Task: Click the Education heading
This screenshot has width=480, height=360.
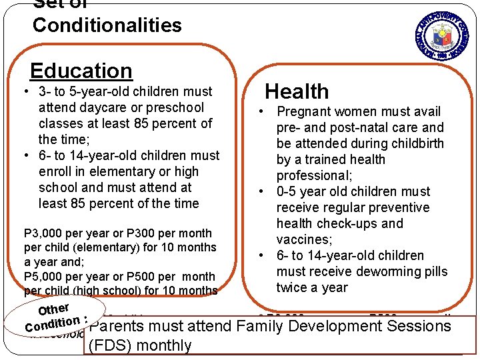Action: click(x=81, y=71)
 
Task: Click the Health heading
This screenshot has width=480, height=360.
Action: click(x=297, y=91)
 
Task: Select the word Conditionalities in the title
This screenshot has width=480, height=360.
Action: click(x=107, y=25)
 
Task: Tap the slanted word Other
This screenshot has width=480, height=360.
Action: click(x=54, y=308)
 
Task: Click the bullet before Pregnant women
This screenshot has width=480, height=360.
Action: click(x=264, y=111)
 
